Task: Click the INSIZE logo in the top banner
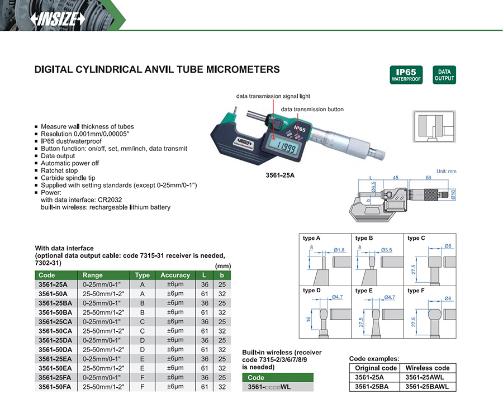pos(58,19)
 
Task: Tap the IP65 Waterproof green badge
pos(406,75)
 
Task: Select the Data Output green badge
pos(444,75)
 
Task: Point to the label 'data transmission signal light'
pos(273,96)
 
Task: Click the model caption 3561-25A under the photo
pos(280,175)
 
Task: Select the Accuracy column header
pos(175,275)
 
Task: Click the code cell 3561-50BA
pos(55,312)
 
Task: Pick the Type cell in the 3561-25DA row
pos(142,340)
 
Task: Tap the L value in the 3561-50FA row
pos(205,387)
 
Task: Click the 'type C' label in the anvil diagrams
pos(416,238)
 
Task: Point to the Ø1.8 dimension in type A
pos(339,250)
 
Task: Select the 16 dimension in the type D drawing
pos(309,319)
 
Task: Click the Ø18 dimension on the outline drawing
pos(453,194)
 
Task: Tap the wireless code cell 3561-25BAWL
pos(427,387)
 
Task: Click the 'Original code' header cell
pos(376,368)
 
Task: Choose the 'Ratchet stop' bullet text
pos(59,170)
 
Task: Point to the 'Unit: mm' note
pos(446,171)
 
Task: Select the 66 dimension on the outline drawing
pos(428,177)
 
